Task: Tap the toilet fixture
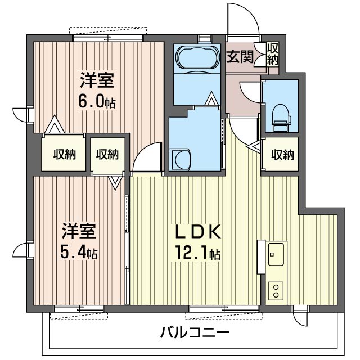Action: pyautogui.click(x=281, y=118)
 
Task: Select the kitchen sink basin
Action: pyautogui.click(x=276, y=254)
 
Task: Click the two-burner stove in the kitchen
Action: pyautogui.click(x=276, y=291)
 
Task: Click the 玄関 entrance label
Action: pyautogui.click(x=240, y=56)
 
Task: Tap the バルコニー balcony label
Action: pyautogui.click(x=195, y=332)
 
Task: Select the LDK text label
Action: pyautogui.click(x=198, y=232)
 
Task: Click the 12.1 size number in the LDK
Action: pyautogui.click(x=192, y=253)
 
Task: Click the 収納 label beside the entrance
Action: pyautogui.click(x=273, y=54)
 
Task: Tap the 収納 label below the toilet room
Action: pyautogui.click(x=282, y=155)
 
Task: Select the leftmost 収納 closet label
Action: pyautogui.click(x=65, y=154)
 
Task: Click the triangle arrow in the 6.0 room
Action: pyautogui.click(x=55, y=124)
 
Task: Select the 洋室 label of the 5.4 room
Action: pyautogui.click(x=79, y=231)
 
